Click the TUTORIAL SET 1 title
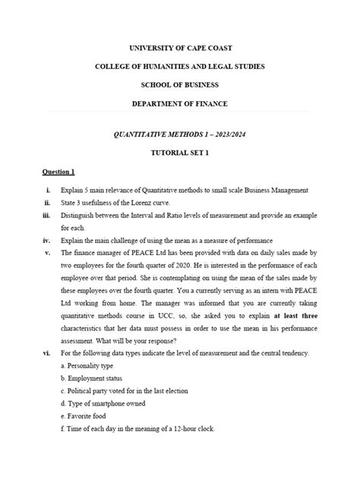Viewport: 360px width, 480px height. point(180,153)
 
